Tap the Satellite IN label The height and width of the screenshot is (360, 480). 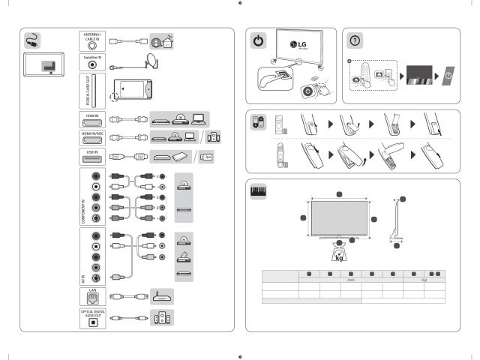[x=92, y=56]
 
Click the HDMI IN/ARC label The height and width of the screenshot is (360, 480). [x=92, y=132]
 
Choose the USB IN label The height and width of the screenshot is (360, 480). [x=92, y=152]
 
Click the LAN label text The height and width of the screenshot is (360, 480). [x=92, y=290]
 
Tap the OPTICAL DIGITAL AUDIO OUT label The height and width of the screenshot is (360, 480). [x=92, y=313]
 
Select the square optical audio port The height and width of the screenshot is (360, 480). [x=92, y=323]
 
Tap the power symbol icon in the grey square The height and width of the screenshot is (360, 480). [x=259, y=41]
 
